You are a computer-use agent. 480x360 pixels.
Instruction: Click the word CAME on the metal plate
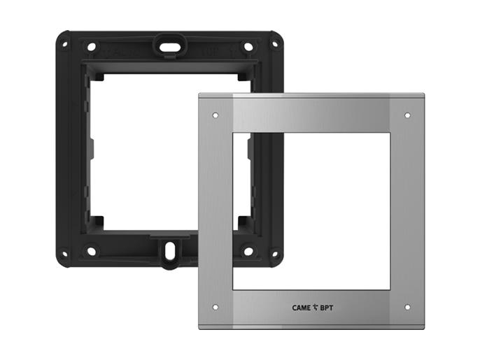(301, 308)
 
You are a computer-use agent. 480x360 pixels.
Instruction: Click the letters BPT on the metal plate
(327, 308)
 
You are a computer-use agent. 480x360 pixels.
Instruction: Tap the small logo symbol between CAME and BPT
(316, 308)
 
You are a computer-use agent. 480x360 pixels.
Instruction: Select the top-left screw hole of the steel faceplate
(216, 115)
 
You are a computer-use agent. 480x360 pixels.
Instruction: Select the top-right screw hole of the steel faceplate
(407, 115)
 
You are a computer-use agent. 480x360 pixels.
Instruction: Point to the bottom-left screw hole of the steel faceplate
(216, 307)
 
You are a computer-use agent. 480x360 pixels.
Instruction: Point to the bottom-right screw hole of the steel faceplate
(407, 307)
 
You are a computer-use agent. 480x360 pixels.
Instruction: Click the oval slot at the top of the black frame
(169, 47)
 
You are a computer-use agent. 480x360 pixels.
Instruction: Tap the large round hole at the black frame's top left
(92, 47)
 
